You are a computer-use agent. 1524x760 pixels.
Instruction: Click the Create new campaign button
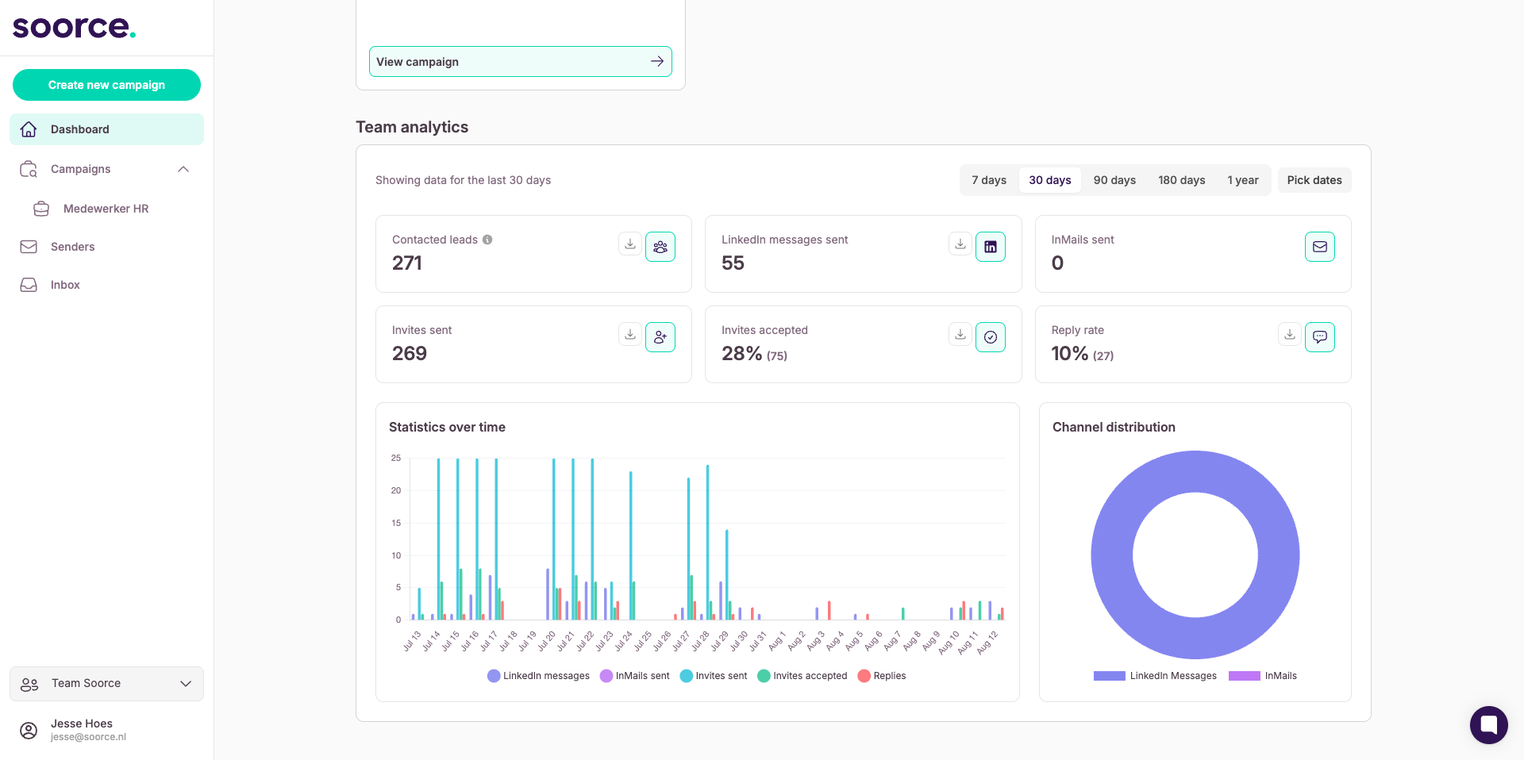tap(106, 85)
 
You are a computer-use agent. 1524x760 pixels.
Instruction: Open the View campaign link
tap(521, 62)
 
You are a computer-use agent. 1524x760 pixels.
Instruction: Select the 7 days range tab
tap(989, 180)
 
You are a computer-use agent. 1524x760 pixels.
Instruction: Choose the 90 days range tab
tap(1114, 180)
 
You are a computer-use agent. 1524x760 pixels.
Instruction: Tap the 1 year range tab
tap(1243, 180)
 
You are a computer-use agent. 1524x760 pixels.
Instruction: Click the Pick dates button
tap(1314, 180)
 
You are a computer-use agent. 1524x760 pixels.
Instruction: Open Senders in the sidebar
tap(72, 247)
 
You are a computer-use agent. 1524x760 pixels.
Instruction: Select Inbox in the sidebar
tap(65, 285)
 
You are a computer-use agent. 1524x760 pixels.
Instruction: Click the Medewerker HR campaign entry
tap(106, 209)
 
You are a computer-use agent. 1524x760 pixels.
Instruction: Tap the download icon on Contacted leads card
tap(630, 244)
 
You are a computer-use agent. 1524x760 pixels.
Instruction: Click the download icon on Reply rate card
tap(1290, 335)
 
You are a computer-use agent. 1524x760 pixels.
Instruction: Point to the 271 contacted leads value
tap(407, 263)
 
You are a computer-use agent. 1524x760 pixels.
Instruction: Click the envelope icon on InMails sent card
tap(1320, 247)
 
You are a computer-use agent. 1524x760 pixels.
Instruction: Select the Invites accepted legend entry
tap(802, 676)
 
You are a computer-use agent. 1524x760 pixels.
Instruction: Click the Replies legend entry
tap(882, 676)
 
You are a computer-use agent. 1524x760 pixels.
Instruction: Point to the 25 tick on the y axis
tap(396, 458)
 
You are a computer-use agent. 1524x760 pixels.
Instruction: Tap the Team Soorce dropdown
tap(106, 684)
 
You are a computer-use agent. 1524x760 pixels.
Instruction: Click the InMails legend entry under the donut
tap(1263, 676)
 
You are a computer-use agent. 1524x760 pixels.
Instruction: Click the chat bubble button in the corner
tap(1489, 725)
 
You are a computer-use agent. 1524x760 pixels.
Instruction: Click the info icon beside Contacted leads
tap(487, 240)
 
